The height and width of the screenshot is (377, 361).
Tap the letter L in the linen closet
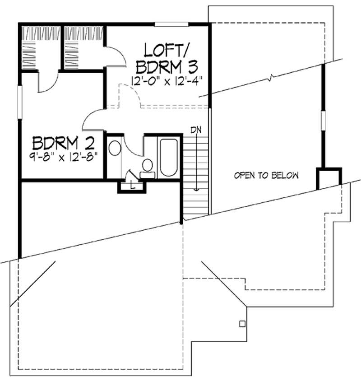[131, 185]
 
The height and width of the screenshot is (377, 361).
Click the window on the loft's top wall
[171, 23]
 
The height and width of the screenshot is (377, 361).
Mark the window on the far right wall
[323, 121]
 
